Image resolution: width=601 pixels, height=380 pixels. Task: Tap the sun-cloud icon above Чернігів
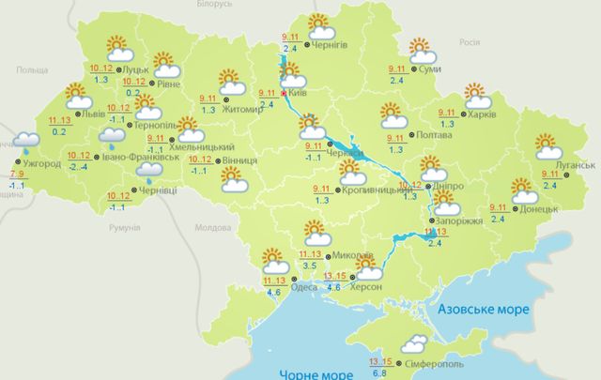[x=321, y=25]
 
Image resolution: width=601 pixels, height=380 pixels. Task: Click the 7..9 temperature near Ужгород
[x=17, y=175]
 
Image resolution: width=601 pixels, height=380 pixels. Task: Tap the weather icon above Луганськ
[x=547, y=147]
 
